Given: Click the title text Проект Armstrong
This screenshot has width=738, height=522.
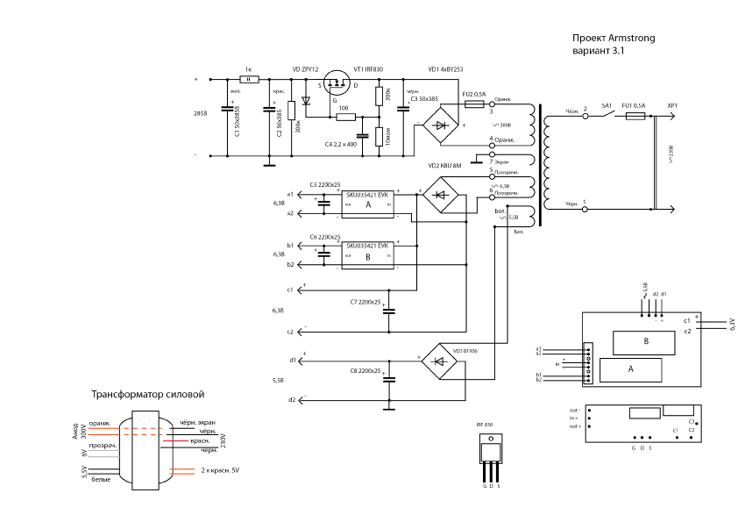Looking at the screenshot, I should (614, 39).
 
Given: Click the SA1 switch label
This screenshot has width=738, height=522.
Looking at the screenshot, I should (607, 105).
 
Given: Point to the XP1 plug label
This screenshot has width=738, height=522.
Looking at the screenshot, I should (672, 105).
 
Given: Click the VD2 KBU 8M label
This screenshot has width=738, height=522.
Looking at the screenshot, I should (444, 164).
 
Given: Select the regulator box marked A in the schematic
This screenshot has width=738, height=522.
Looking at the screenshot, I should (368, 203).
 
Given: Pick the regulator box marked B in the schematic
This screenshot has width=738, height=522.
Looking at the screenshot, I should (368, 257).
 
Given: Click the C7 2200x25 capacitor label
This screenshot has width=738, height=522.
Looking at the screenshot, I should (365, 302).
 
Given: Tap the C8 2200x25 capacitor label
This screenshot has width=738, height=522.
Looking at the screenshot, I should (365, 372).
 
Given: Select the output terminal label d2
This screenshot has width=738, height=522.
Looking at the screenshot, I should (291, 400).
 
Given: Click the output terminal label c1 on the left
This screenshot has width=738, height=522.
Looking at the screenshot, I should (290, 289).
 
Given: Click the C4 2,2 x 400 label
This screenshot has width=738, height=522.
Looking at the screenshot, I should (340, 143).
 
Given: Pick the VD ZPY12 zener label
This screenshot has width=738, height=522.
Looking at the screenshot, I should (304, 68).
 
